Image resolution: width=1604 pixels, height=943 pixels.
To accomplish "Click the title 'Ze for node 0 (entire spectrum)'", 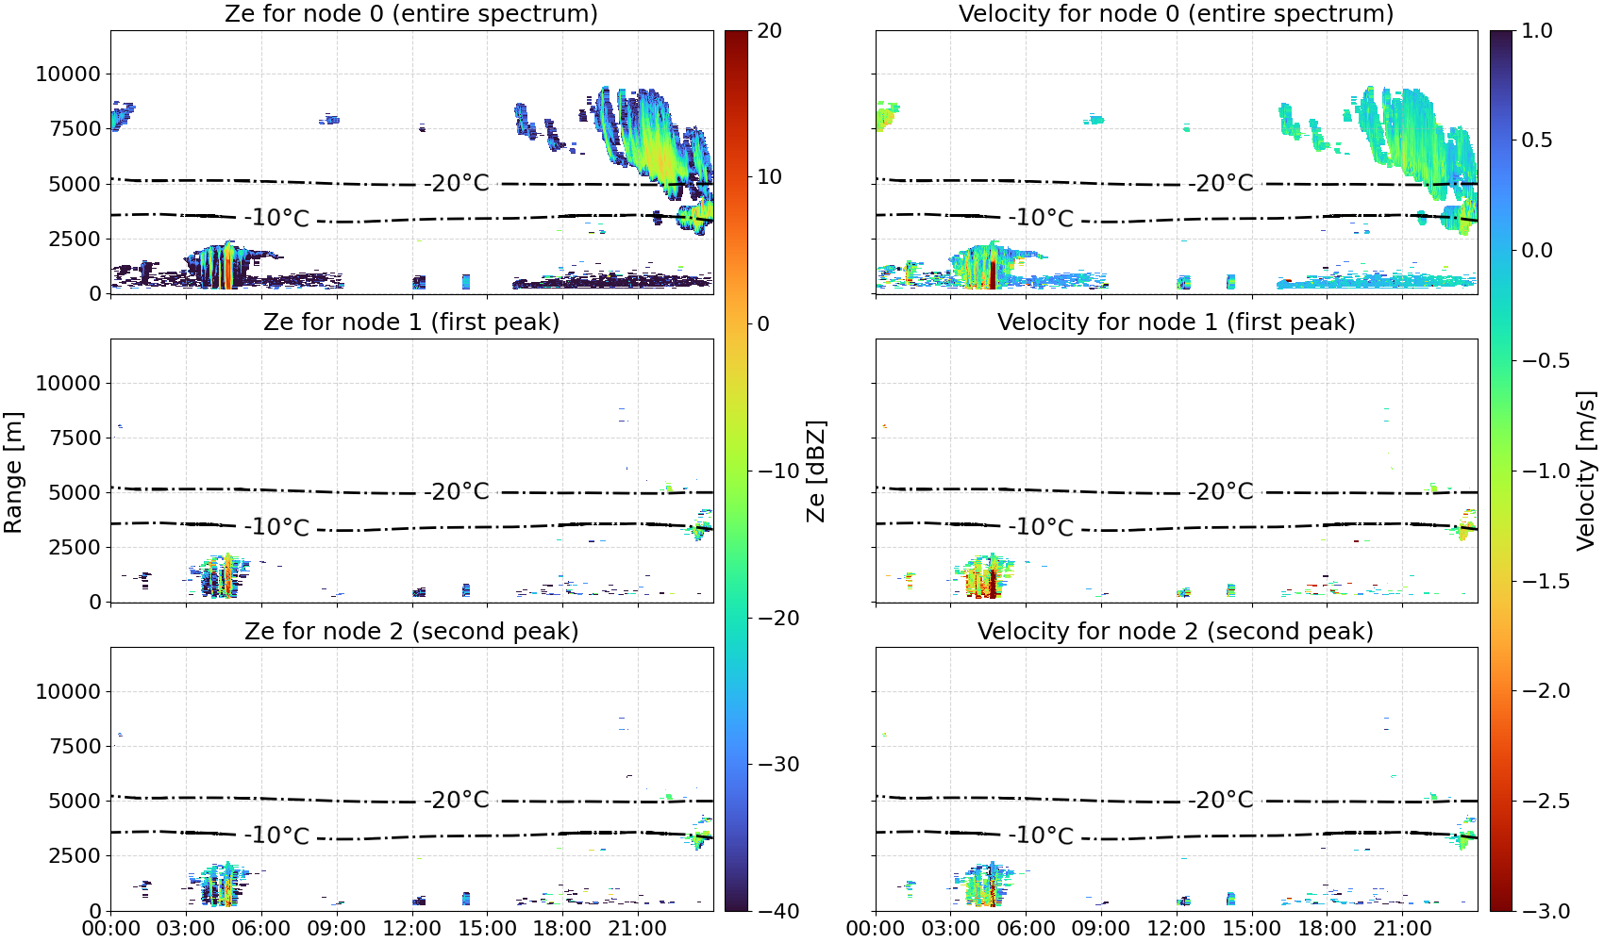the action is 411,13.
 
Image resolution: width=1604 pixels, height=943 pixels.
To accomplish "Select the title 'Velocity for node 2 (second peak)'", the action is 1176,631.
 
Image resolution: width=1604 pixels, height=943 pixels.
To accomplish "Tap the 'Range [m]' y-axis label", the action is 13,472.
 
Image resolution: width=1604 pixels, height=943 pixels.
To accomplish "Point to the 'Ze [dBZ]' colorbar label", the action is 815,471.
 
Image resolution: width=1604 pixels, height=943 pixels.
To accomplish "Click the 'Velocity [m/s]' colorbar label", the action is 1585,471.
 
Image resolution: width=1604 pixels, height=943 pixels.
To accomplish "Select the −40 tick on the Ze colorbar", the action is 778,911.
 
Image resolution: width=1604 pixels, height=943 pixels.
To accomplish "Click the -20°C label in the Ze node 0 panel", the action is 456,183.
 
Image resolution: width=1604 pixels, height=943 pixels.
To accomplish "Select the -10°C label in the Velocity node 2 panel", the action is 1041,835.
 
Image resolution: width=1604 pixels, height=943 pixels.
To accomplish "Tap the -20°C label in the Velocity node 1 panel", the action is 1221,491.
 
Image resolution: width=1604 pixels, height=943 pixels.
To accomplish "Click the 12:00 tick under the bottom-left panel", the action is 411,928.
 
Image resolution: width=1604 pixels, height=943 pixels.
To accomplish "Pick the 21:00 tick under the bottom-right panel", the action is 1402,928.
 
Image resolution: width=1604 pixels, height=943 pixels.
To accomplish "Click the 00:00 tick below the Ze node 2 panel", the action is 111,928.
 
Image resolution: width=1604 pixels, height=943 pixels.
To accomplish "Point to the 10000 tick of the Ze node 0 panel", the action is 68,74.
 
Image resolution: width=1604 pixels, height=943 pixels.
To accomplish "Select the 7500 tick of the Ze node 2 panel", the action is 75,746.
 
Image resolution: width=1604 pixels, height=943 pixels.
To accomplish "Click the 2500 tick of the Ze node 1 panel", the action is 75,547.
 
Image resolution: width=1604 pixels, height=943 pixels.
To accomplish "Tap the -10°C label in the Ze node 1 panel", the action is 276,527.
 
